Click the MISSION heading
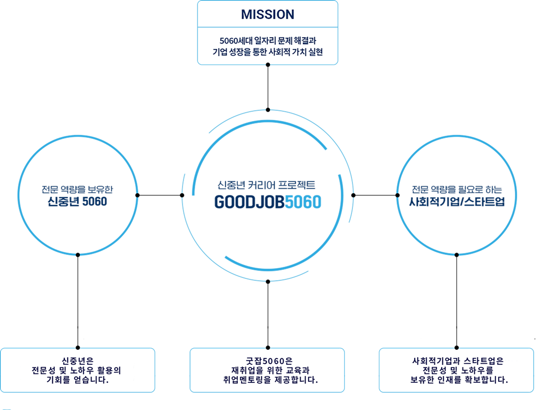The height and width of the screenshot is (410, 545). tap(267, 14)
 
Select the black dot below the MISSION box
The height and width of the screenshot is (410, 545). tap(268, 64)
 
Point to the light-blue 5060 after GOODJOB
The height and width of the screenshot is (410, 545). tap(303, 202)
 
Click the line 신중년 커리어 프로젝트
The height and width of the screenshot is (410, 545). tap(267, 185)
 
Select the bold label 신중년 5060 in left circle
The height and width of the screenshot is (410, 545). tap(77, 202)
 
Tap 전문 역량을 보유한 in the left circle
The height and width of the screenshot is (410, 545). tap(77, 189)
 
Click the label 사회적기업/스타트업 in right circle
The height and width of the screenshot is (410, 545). tap(457, 202)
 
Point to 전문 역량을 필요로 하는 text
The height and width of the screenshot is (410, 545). tap(457, 190)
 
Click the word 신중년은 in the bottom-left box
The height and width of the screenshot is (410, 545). tap(78, 360)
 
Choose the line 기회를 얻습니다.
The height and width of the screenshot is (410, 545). tap(78, 380)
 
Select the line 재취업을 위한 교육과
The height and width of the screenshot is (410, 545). tap(267, 370)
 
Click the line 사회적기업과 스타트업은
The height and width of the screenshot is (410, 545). tap(457, 360)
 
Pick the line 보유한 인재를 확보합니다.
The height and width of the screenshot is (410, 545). tap(456, 380)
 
